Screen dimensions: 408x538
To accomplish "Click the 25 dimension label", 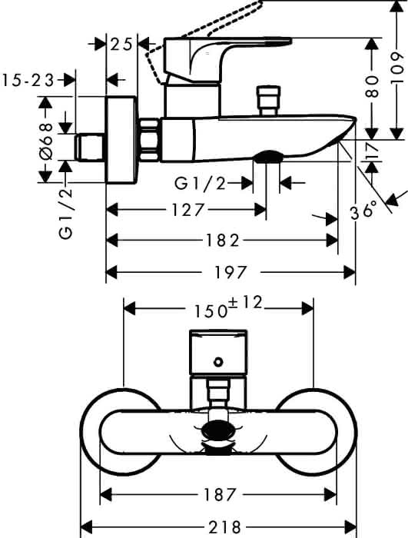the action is coord(121,45).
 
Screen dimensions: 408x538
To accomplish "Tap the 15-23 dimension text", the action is coord(28,81).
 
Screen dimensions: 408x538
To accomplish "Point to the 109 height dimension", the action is coord(397,67).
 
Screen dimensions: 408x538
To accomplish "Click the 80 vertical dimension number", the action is coord(373,87).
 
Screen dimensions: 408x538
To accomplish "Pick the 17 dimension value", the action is coord(372,151).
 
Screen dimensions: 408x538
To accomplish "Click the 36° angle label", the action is coord(363,210).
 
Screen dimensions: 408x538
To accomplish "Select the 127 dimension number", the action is coord(187,210).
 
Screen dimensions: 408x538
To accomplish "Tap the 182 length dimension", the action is coord(221,241).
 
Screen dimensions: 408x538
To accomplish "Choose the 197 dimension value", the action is coord(231,273).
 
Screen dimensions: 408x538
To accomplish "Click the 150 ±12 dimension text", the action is coord(228,307).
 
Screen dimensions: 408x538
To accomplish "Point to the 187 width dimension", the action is coord(220,494).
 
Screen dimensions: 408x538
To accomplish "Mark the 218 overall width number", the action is coord(225,526).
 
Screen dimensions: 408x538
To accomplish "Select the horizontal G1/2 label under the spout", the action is coord(201,184).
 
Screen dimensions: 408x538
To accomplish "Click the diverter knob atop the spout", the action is coord(269,101).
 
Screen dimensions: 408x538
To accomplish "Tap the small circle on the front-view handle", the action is coord(218,362).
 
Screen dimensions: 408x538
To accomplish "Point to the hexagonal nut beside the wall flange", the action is coord(150,139).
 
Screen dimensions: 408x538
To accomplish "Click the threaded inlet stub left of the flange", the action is coord(89,148).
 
